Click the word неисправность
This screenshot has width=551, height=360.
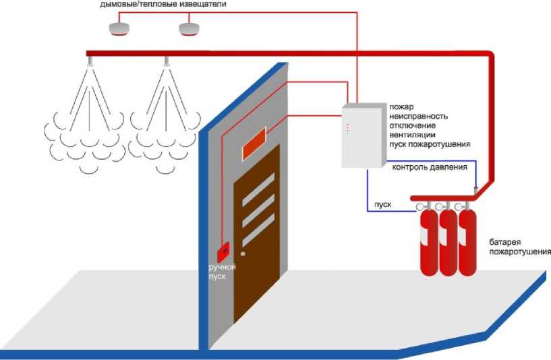click(x=418, y=116)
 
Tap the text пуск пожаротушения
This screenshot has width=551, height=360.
click(x=430, y=144)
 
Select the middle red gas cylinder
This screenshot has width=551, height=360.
click(x=447, y=243)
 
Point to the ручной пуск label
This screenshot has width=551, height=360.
click(x=222, y=272)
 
